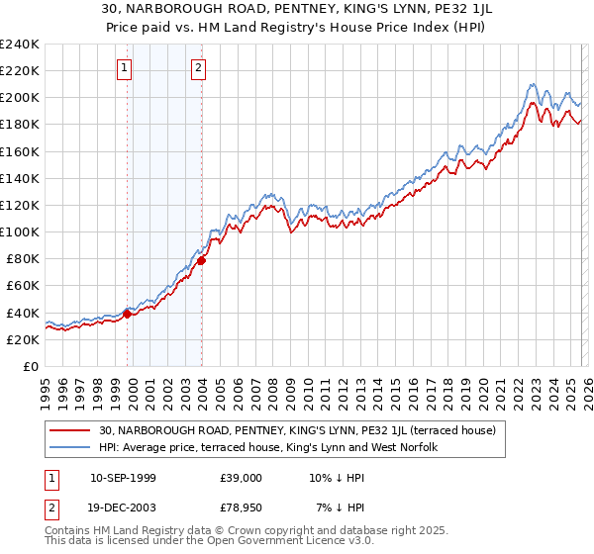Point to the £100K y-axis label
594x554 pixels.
(20, 231)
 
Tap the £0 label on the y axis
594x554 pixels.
(30, 366)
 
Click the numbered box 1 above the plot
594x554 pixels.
(125, 67)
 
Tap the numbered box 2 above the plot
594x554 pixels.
(198, 67)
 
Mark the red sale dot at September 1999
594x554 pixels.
(128, 314)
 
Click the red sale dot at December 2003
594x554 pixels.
(202, 260)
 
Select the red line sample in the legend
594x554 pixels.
(71, 430)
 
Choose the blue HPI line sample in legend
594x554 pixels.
(71, 447)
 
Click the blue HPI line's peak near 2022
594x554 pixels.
(532, 84)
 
